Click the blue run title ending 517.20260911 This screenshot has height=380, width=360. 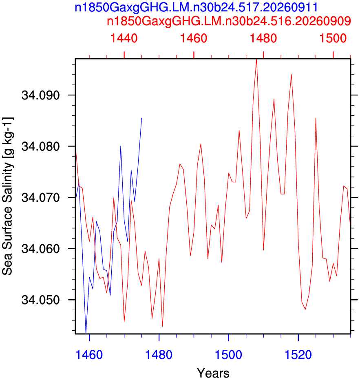[x=196, y=7]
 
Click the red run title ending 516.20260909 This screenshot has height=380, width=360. [x=229, y=21]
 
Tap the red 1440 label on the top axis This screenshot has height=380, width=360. [x=124, y=38]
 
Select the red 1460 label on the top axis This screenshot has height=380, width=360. [x=194, y=38]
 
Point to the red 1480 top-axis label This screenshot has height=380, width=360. [x=263, y=38]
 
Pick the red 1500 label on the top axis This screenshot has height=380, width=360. [x=333, y=38]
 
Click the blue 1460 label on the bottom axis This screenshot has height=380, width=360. [x=89, y=355]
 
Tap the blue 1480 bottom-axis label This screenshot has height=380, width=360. [x=159, y=355]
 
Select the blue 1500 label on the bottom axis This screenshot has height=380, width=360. [x=228, y=355]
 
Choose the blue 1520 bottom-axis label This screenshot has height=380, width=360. [x=298, y=355]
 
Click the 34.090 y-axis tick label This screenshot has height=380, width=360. [x=40, y=95]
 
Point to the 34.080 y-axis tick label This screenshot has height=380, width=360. [x=40, y=146]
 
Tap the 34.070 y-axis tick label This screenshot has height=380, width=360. [x=40, y=197]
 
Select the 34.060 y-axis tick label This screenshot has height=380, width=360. [x=40, y=249]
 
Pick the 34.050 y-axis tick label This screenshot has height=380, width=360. [x=40, y=300]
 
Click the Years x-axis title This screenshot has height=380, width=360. [x=213, y=373]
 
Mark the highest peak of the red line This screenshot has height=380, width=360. [x=256, y=60]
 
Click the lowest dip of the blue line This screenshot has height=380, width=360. [x=86, y=333]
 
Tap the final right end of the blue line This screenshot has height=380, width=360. [x=141, y=118]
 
